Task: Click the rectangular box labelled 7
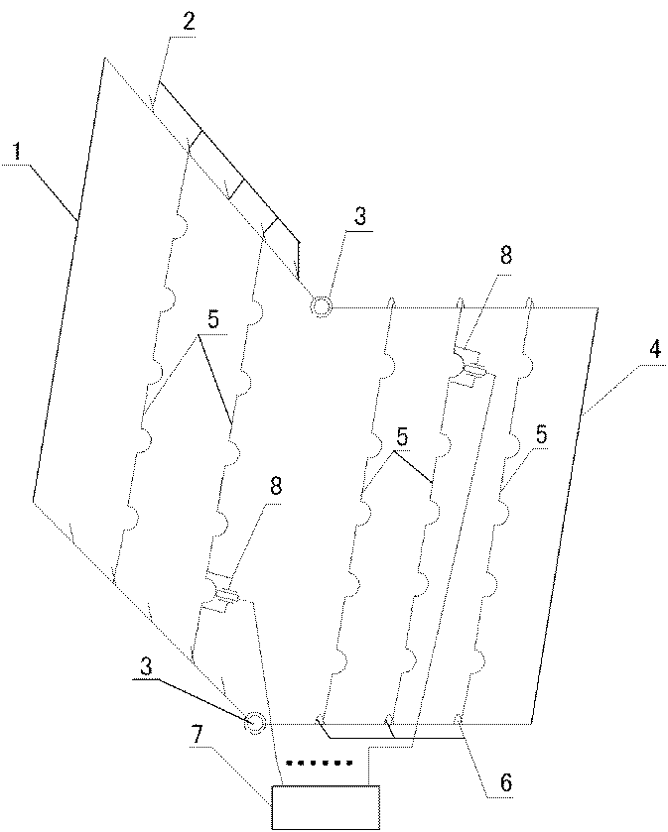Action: tap(327, 805)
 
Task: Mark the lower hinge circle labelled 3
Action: tap(255, 723)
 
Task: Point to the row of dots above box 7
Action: tap(320, 764)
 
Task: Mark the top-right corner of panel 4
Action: tap(600, 307)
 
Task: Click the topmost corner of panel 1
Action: tap(103, 59)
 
